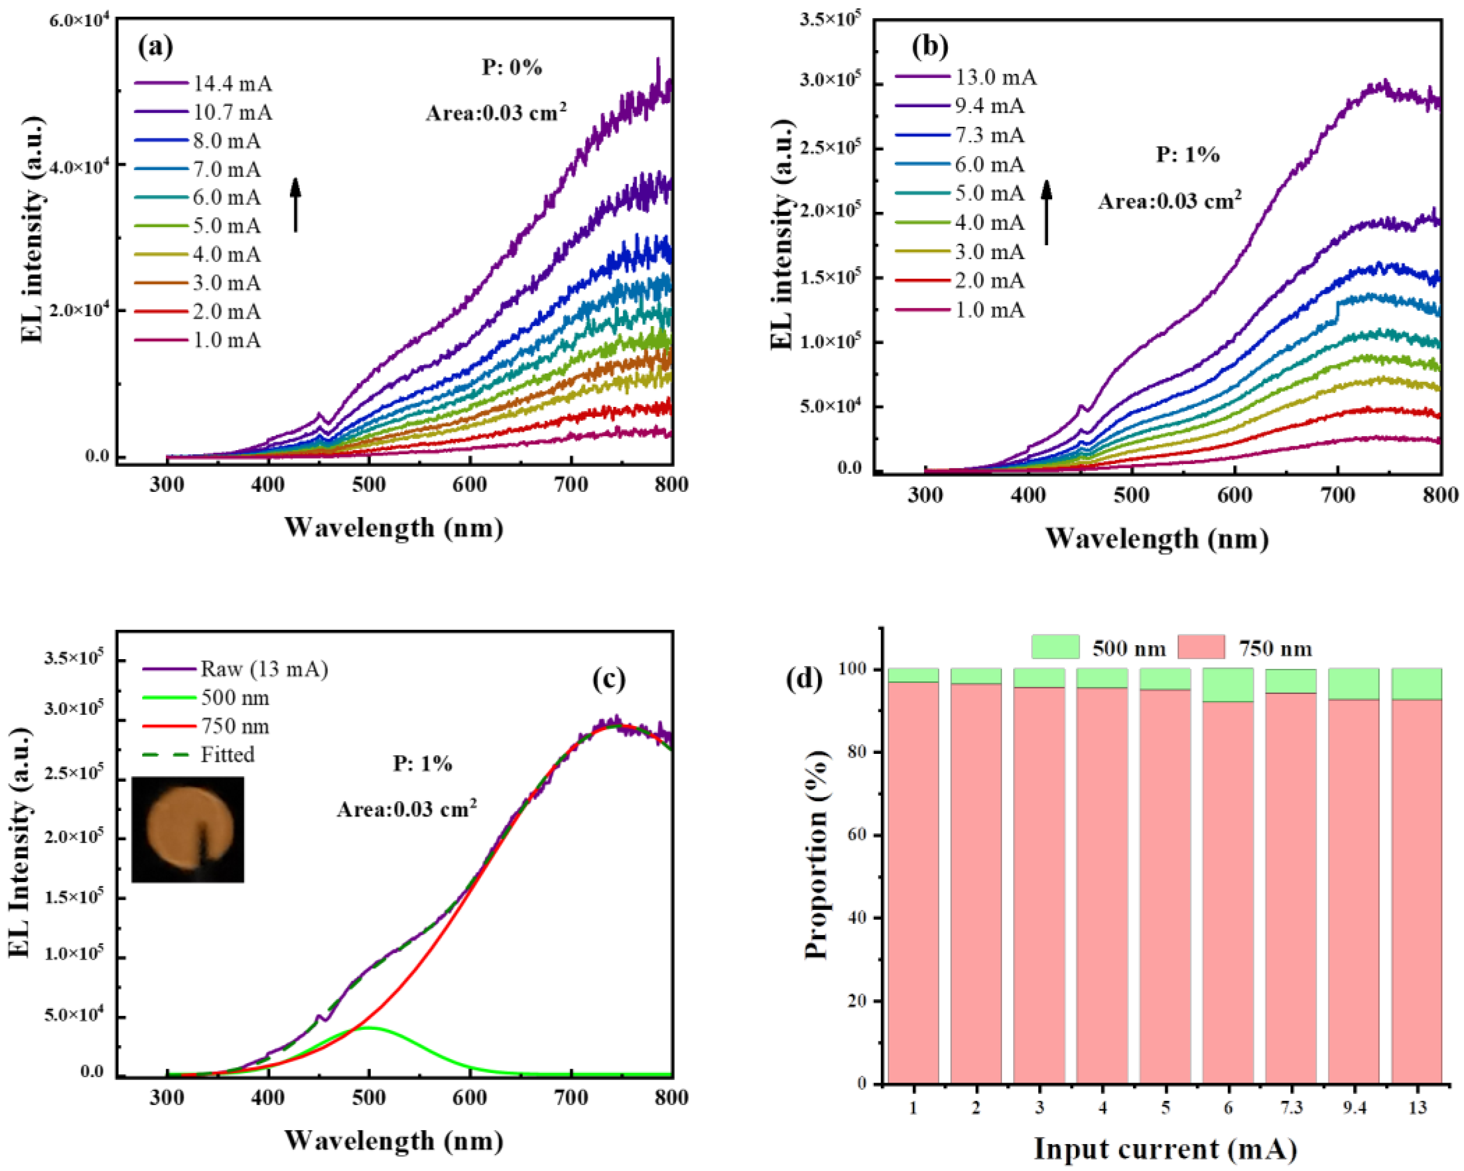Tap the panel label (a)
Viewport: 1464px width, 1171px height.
156,47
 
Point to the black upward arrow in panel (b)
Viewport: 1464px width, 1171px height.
1047,212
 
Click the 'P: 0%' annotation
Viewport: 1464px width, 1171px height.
512,67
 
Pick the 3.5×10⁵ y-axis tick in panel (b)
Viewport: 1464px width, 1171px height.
830,19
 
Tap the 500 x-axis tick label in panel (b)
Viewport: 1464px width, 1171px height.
1131,495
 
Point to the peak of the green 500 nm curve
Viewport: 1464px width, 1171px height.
369,1027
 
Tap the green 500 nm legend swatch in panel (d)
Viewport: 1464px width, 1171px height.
1054,647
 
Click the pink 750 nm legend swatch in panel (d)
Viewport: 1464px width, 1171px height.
1201,647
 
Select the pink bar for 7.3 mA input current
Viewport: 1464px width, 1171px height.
1290,883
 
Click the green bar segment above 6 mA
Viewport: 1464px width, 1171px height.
1228,685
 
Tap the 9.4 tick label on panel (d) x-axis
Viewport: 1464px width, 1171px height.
1353,1108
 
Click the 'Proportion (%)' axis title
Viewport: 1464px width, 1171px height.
816,855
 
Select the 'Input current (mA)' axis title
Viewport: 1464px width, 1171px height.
1165,1149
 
